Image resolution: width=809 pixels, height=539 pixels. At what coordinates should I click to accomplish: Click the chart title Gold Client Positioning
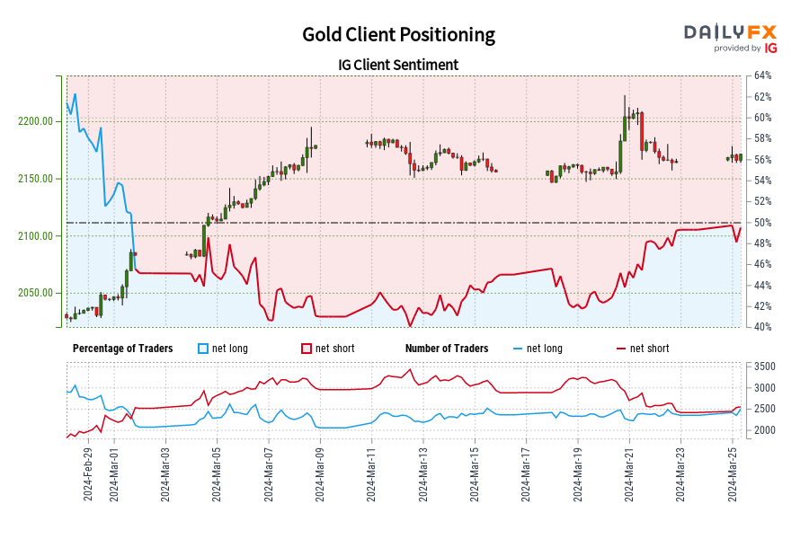click(x=398, y=34)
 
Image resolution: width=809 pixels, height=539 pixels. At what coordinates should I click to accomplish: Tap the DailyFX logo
click(x=730, y=37)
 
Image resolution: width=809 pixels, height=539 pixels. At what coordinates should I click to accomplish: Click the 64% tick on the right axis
click(x=763, y=75)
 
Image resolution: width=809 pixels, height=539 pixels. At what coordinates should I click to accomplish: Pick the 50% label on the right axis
click(x=763, y=223)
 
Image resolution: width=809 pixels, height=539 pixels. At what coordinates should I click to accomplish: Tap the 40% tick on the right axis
click(x=763, y=327)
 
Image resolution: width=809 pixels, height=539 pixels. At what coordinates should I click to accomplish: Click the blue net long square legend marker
click(x=203, y=349)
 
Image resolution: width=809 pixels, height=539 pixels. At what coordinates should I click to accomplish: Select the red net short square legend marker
click(x=306, y=349)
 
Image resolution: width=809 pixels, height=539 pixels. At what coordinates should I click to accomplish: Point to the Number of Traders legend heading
click(x=447, y=349)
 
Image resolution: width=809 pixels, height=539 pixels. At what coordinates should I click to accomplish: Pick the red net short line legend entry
click(x=642, y=349)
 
